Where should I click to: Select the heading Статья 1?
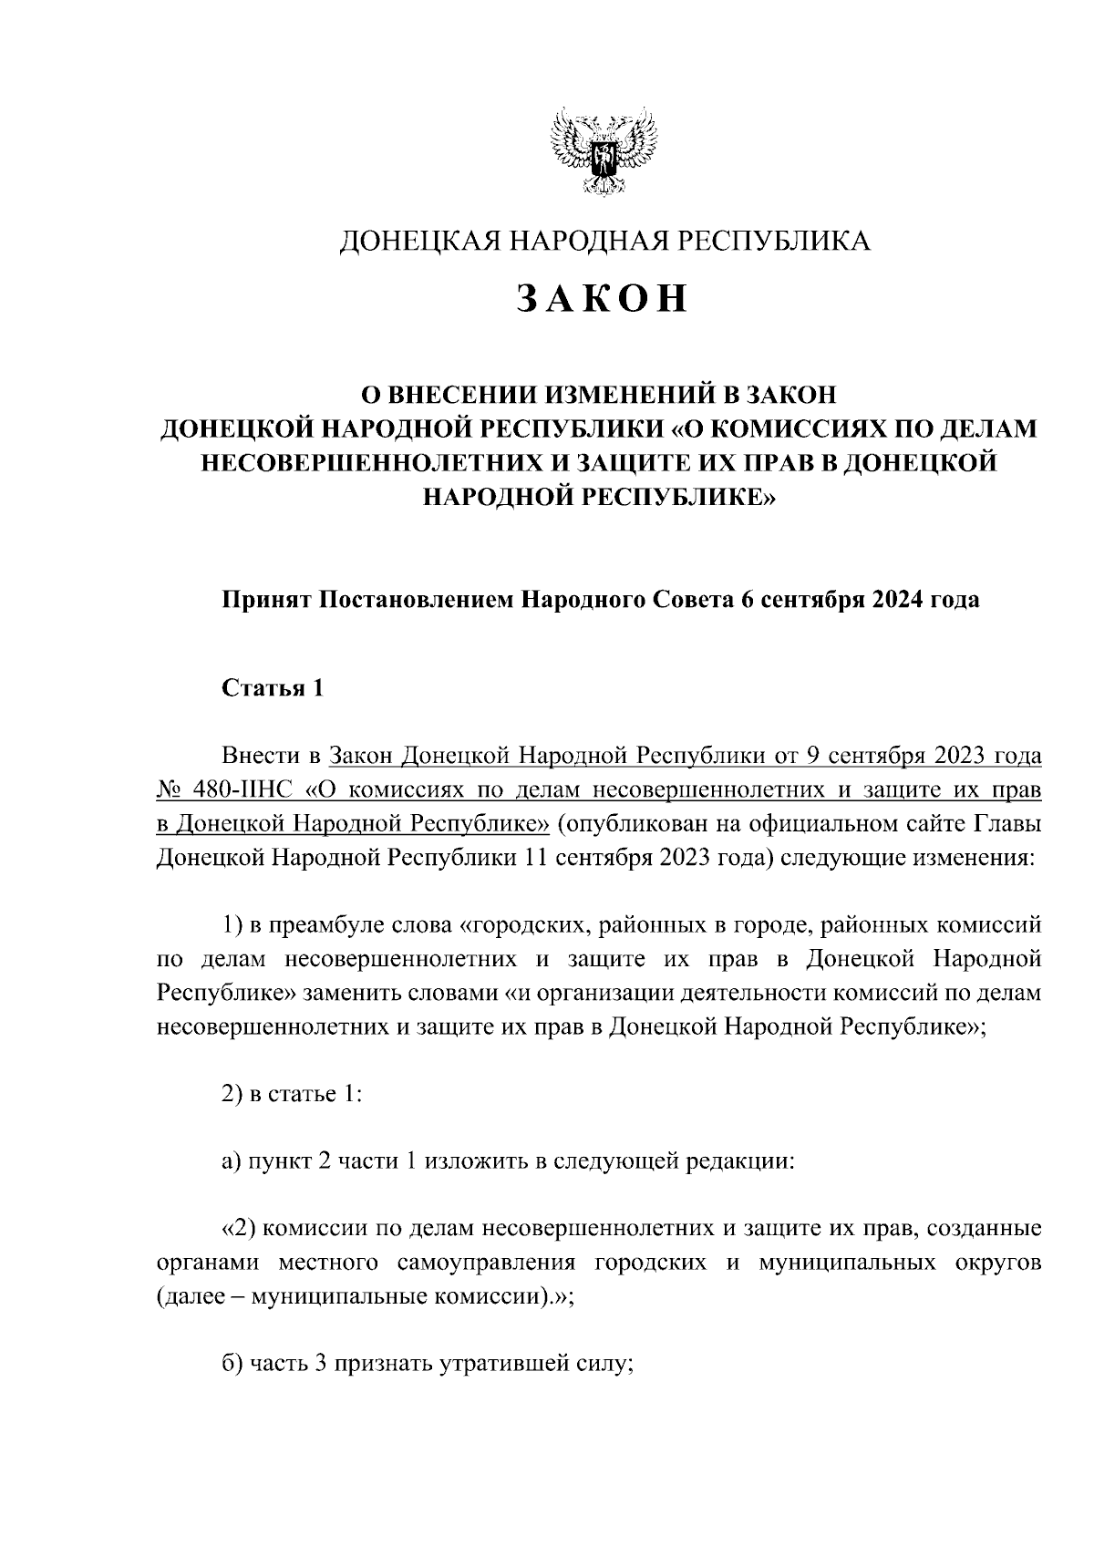coord(273,688)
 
